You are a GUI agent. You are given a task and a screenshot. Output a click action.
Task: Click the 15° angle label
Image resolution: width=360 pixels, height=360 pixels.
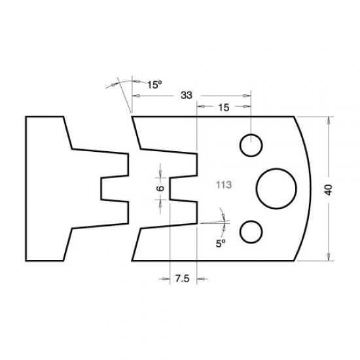[x=154, y=84]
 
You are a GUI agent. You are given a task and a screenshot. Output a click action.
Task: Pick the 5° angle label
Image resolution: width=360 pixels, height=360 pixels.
[x=221, y=241]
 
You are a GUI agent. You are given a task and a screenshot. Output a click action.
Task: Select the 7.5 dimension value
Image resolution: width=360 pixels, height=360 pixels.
[x=183, y=279]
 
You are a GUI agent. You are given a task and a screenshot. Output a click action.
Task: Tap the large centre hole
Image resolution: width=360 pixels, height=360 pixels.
[x=276, y=188]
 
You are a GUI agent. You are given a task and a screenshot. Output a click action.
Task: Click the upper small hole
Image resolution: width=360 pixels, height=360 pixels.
[x=251, y=145]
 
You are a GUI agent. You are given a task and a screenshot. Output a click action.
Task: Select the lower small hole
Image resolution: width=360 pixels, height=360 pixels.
[x=251, y=231]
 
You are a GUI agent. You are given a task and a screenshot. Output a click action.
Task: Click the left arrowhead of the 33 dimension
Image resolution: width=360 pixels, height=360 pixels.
[x=135, y=96]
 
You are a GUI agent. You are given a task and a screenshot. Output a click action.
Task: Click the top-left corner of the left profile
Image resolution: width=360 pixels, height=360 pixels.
[x=26, y=117]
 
